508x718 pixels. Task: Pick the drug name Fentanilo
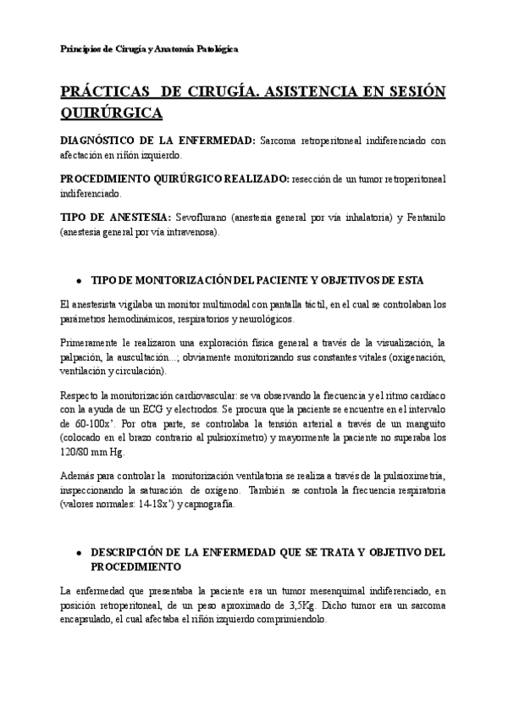421,218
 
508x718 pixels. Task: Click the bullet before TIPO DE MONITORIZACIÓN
78,280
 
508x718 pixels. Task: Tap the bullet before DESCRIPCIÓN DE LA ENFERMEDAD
78,552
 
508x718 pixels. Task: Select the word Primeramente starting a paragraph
96,342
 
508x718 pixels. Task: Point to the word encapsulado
90,619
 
